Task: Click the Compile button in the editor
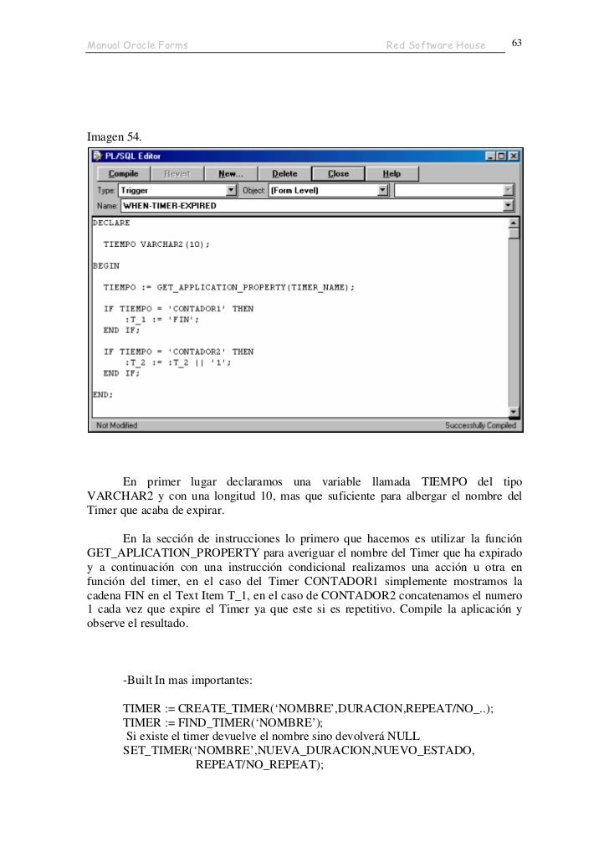click(x=125, y=173)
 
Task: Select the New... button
click(x=229, y=173)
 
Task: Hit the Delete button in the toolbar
click(x=284, y=173)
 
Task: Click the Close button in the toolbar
click(x=338, y=173)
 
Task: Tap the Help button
click(x=391, y=173)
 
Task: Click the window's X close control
click(x=514, y=156)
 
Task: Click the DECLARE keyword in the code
click(x=110, y=223)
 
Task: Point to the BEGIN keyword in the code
click(x=105, y=265)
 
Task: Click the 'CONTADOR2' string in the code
click(x=198, y=352)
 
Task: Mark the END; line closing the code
click(x=102, y=393)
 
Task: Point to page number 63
click(x=517, y=43)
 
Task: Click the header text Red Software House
click(x=435, y=44)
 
